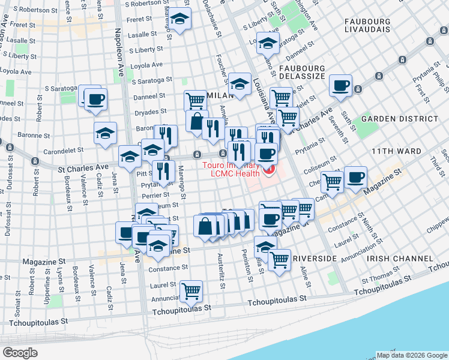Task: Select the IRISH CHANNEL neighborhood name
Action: tap(399, 258)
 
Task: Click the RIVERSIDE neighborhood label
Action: tap(315, 258)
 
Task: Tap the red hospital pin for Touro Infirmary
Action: tap(268, 172)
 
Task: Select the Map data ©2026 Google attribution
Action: tap(411, 355)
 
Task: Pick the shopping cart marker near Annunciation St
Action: tap(191, 292)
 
